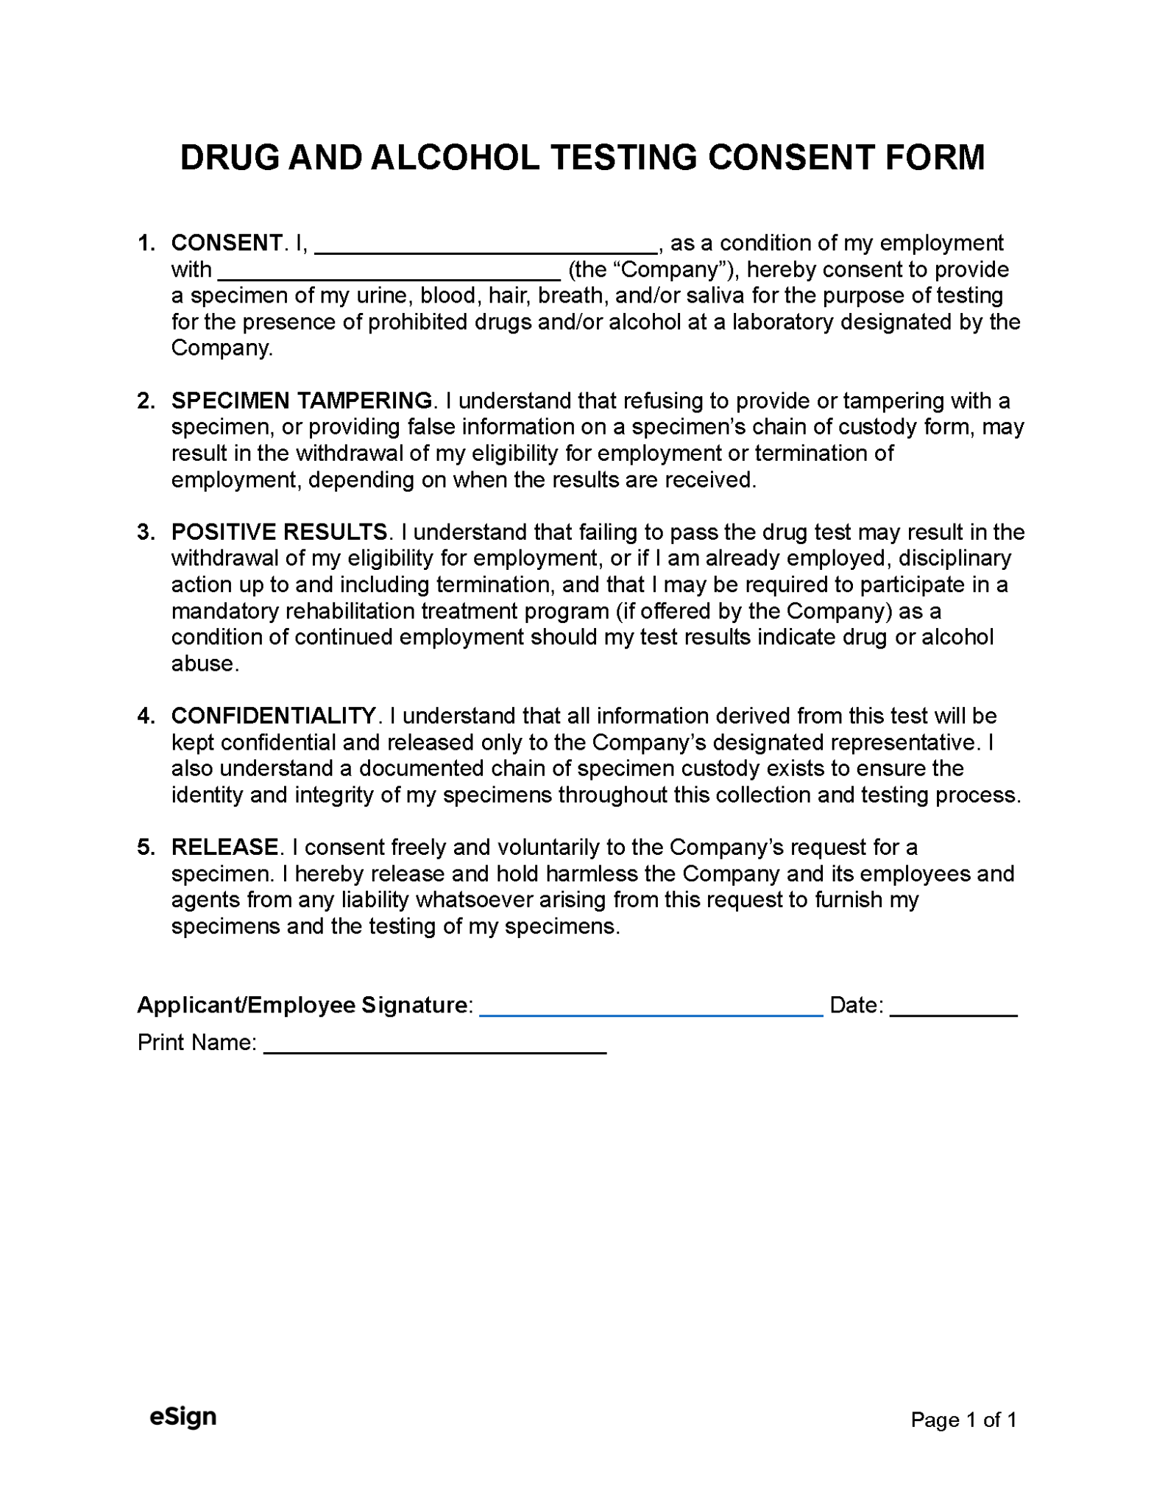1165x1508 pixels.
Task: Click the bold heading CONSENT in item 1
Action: click(x=226, y=243)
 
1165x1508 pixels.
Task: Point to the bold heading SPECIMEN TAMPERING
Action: click(x=302, y=401)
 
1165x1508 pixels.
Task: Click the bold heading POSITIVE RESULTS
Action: click(x=279, y=532)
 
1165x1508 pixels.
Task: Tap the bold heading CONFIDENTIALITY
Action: click(x=273, y=716)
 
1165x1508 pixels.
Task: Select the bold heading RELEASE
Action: click(x=224, y=847)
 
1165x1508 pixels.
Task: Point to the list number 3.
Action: click(x=145, y=532)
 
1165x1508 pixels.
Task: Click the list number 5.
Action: click(x=145, y=847)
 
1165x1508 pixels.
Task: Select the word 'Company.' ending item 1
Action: click(x=222, y=348)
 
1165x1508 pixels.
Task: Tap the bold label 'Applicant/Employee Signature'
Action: click(x=302, y=1005)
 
